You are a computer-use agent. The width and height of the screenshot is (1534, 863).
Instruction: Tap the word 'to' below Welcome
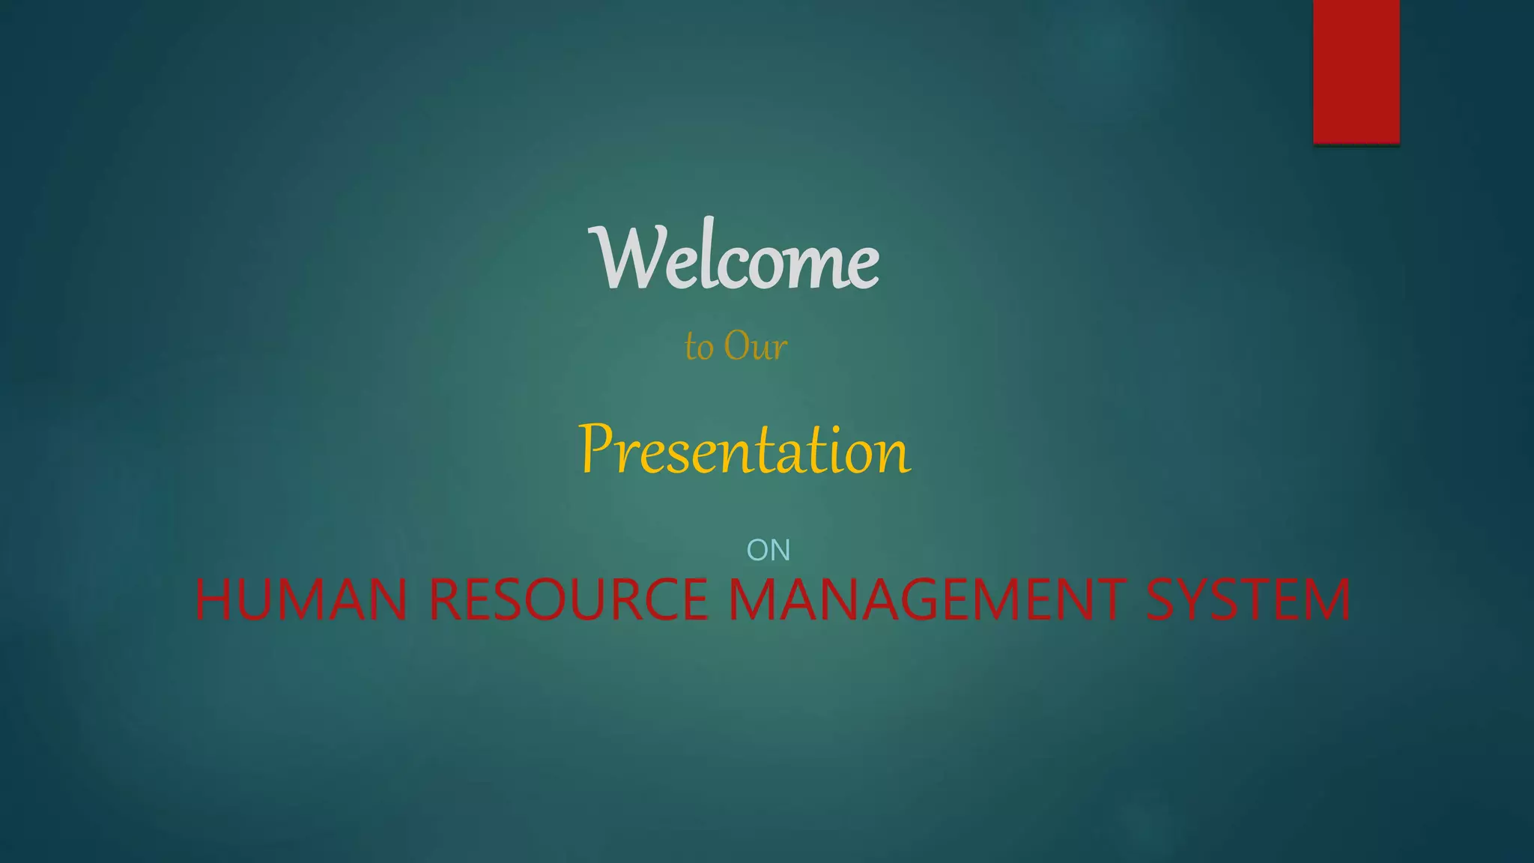pos(699,348)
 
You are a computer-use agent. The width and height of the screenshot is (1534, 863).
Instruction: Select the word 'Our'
pos(755,346)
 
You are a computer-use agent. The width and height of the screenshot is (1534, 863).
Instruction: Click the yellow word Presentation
pos(745,450)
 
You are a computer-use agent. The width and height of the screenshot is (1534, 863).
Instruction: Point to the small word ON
pos(768,551)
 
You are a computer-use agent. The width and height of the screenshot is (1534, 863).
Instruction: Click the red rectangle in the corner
pos(1356,71)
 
